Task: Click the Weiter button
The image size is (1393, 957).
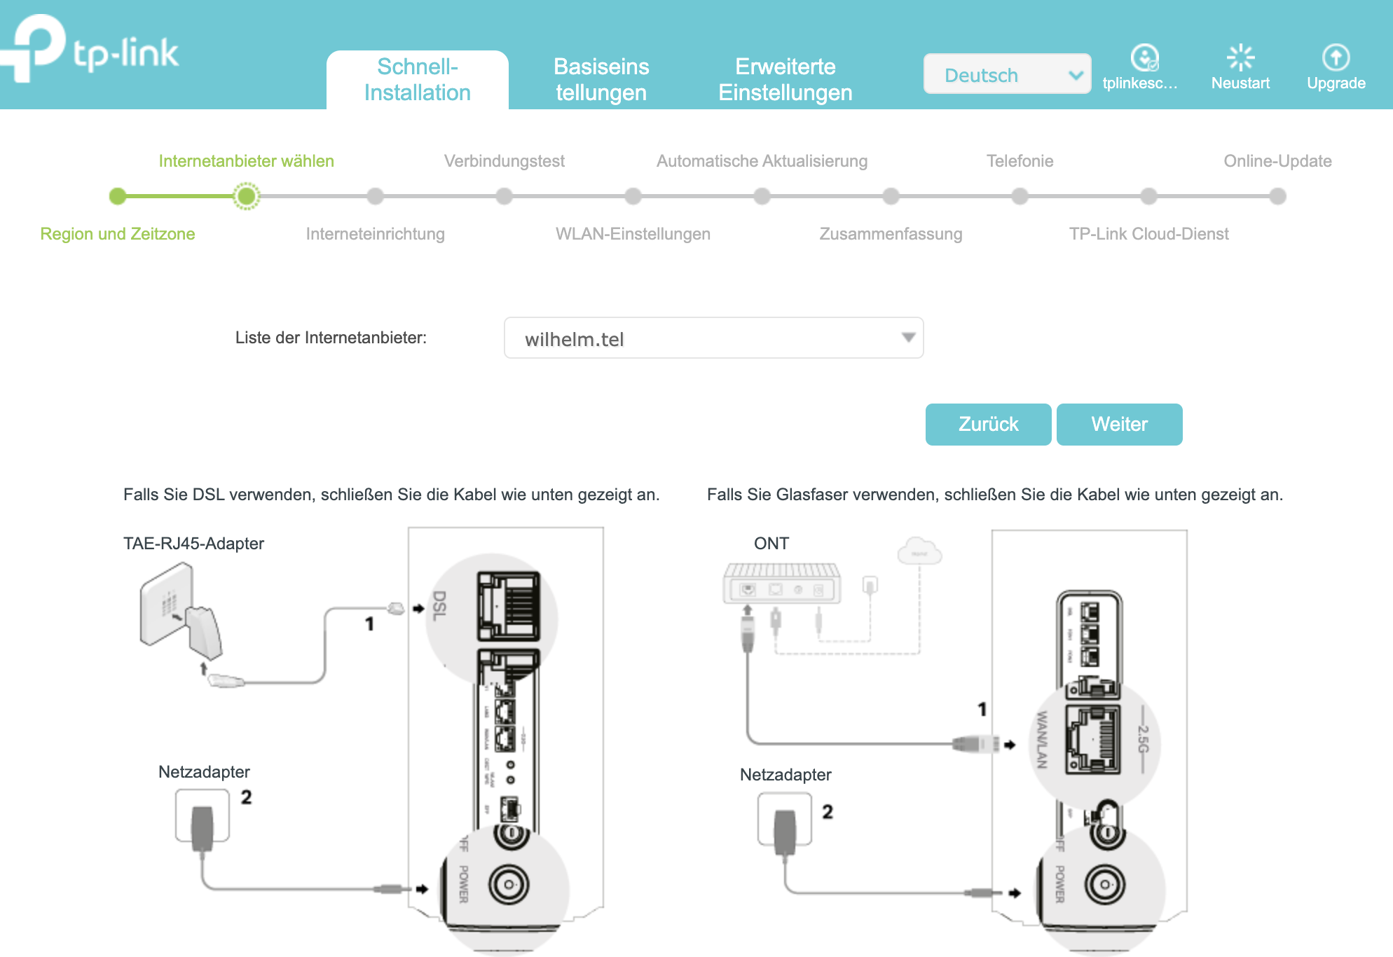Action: point(1119,425)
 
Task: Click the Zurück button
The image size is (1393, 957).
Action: point(988,425)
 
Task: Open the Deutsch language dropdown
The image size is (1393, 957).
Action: point(1007,74)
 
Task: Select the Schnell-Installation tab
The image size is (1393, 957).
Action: point(418,80)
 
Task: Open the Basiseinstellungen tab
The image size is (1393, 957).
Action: point(601,80)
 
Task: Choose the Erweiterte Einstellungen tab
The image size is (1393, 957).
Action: point(785,80)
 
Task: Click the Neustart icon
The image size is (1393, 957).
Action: point(1240,58)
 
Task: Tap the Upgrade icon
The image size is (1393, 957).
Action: point(1336,58)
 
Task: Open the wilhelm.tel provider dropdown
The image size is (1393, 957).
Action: point(713,338)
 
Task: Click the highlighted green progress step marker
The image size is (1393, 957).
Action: point(247,196)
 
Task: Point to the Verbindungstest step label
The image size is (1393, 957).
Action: point(504,161)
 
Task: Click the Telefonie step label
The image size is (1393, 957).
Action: point(1020,161)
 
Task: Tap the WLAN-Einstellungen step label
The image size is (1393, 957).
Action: point(633,234)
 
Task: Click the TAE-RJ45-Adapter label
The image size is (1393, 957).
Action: point(193,544)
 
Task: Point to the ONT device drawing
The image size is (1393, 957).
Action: point(781,584)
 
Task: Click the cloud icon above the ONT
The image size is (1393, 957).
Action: point(919,551)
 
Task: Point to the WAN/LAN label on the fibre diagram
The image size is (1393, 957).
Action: point(1042,740)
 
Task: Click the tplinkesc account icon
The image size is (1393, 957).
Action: point(1144,58)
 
